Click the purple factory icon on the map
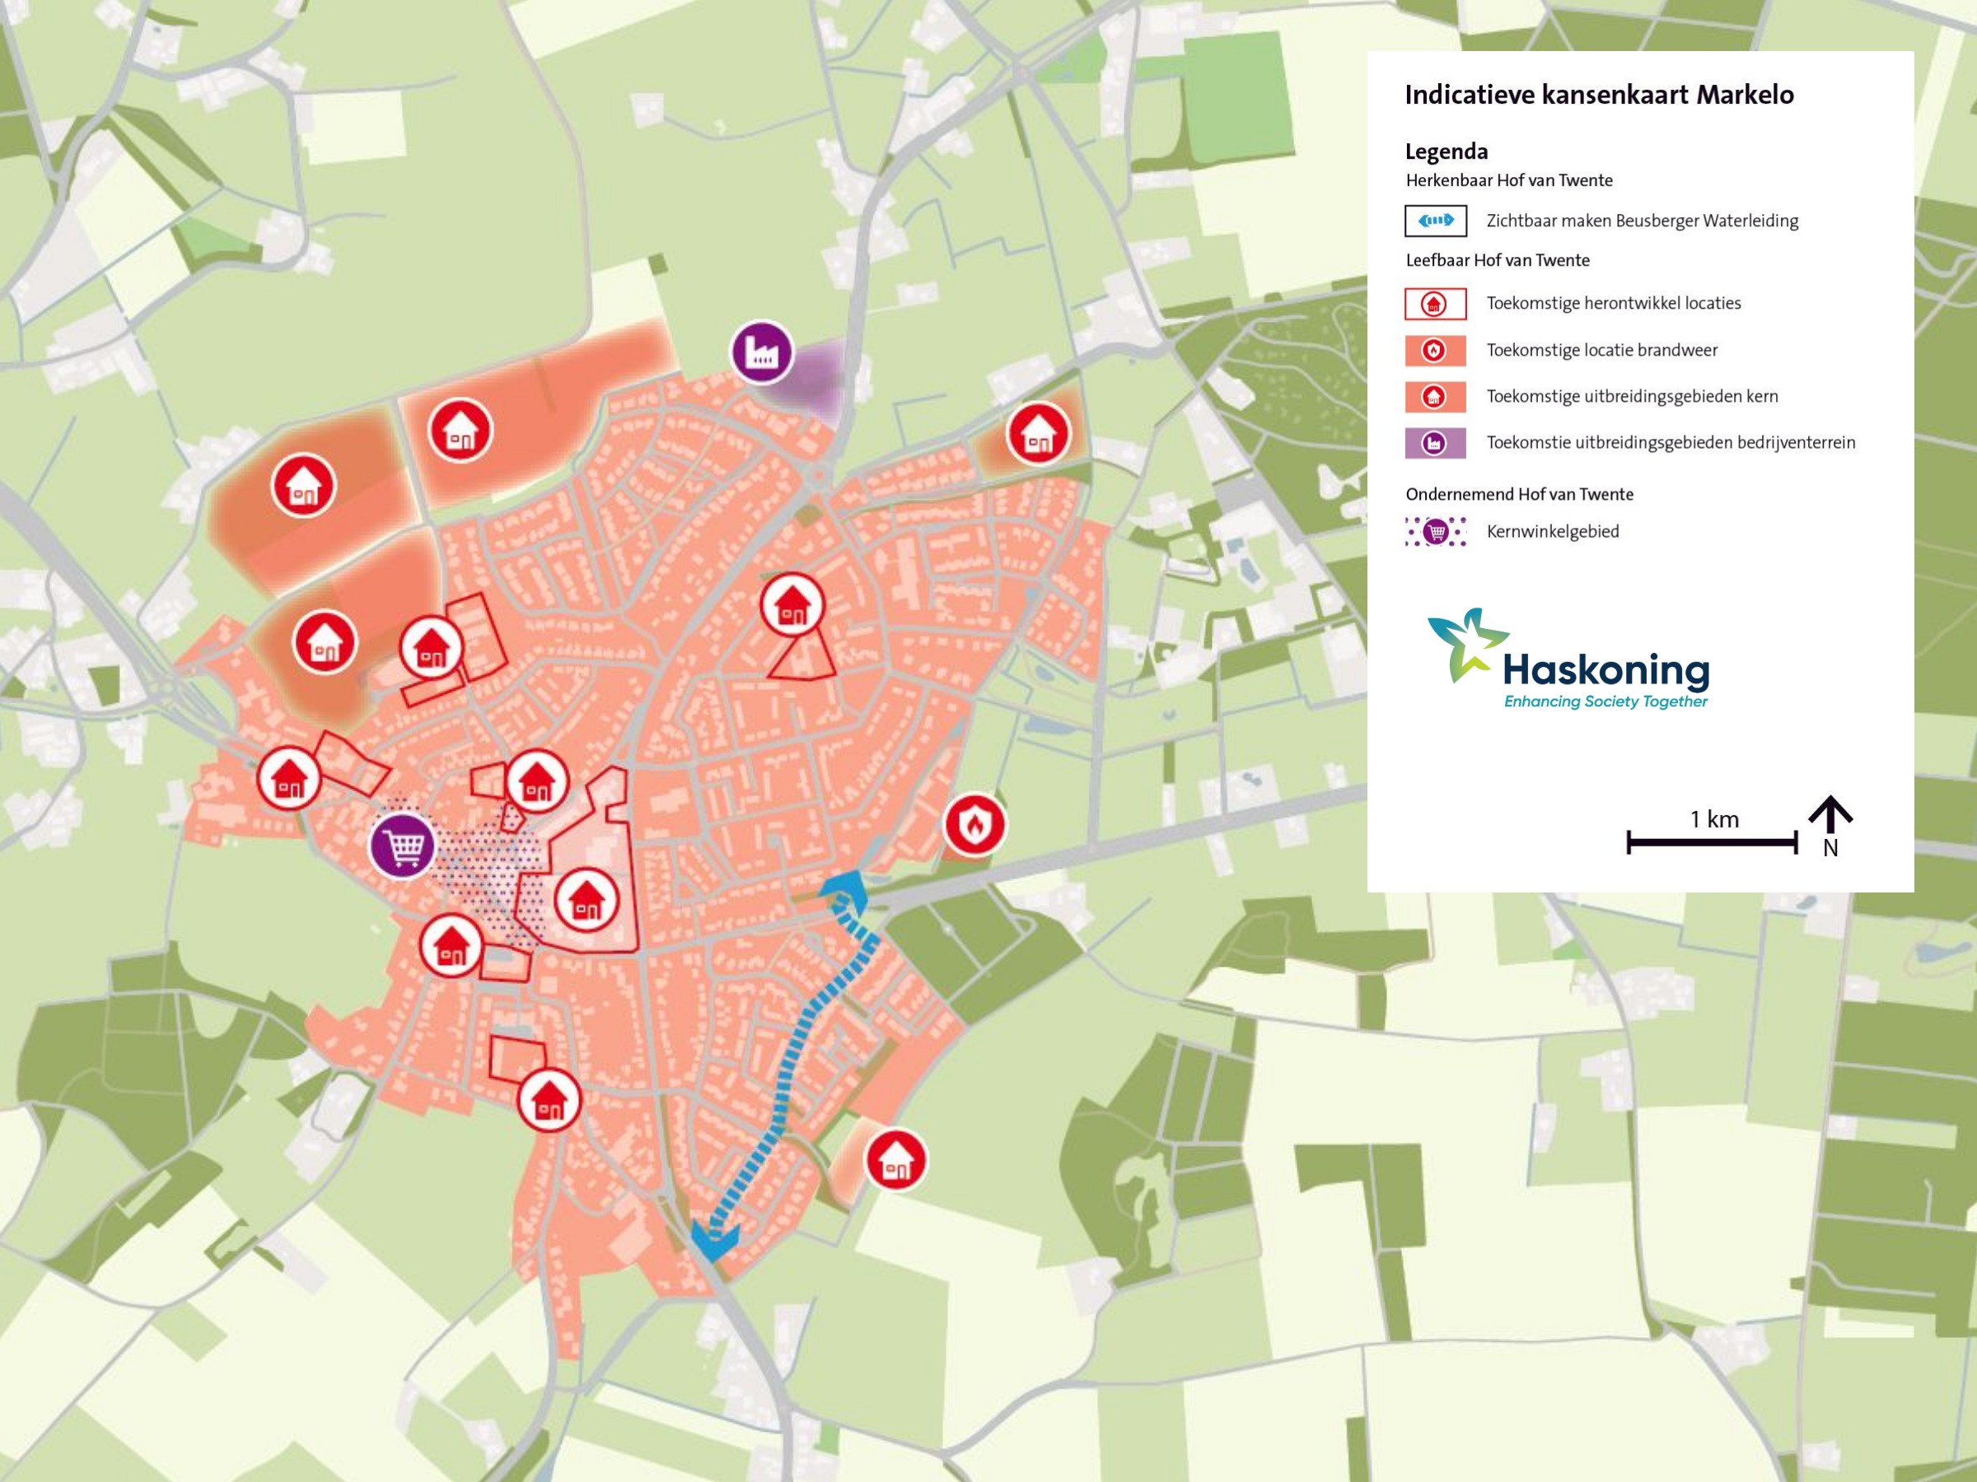click(x=761, y=352)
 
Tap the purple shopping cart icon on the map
click(x=403, y=846)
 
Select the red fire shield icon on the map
click(x=975, y=823)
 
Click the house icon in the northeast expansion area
click(x=1038, y=433)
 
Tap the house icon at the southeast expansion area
click(x=895, y=1160)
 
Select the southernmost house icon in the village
click(x=549, y=1100)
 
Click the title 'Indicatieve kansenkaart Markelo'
click(x=1599, y=95)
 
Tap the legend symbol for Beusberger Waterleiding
click(x=1435, y=221)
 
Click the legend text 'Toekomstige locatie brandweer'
click(x=1601, y=350)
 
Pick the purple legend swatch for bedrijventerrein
click(x=1435, y=443)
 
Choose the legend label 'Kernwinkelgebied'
click(x=1553, y=532)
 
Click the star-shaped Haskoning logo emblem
click(x=1465, y=645)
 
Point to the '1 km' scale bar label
click(x=1713, y=819)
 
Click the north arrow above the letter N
click(x=1830, y=813)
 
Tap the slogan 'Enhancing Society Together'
click(x=1605, y=702)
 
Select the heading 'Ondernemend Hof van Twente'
click(x=1519, y=495)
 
